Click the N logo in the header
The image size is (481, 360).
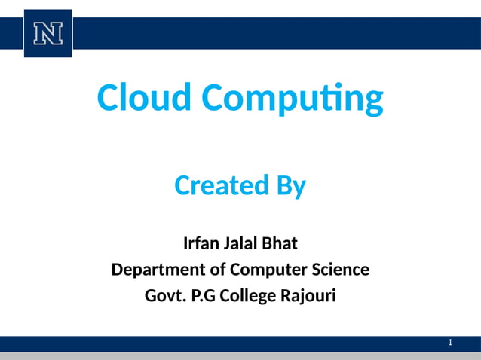[47, 33]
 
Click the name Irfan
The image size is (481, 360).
[202, 243]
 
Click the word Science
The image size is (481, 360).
[337, 269]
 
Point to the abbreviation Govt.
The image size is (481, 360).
[164, 295]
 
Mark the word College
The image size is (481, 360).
[250, 296]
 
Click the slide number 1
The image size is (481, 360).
[450, 343]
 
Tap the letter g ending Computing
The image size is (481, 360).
[373, 100]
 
